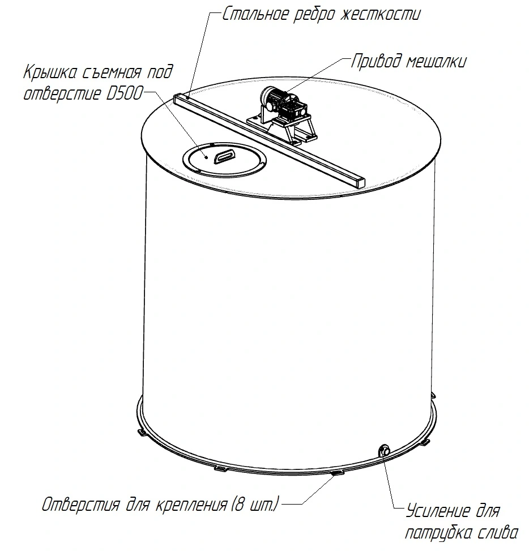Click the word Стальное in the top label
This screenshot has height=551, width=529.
[x=255, y=15]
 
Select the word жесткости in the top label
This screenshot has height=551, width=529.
[x=381, y=15]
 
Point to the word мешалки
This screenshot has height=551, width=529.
[x=437, y=62]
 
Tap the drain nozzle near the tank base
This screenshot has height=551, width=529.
[x=384, y=450]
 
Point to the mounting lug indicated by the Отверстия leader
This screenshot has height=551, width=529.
[x=338, y=474]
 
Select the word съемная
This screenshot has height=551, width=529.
[x=113, y=72]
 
